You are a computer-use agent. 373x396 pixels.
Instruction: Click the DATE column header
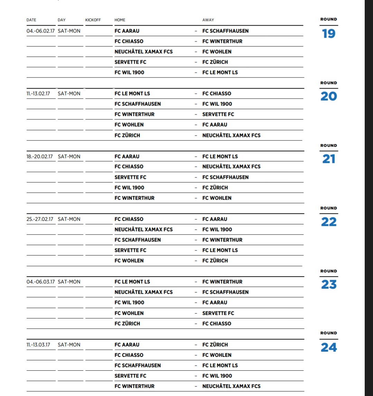31,20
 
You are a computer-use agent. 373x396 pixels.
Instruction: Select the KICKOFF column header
93,20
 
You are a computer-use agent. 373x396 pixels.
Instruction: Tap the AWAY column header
208,20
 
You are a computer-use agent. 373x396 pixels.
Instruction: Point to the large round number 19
328,34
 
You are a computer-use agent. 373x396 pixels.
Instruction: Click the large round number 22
328,222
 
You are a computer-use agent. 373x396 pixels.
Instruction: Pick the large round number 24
328,347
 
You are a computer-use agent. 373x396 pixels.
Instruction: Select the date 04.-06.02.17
41,31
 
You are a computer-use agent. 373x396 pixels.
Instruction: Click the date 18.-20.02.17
40,157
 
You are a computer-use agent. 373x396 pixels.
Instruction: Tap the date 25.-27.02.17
40,219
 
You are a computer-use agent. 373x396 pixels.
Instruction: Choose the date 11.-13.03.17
38,345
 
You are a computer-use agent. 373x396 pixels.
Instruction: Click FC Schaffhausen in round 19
225,31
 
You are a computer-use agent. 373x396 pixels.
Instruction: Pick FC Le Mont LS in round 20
132,94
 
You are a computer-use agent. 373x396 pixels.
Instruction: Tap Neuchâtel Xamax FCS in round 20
231,136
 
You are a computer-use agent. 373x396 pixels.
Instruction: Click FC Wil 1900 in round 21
129,188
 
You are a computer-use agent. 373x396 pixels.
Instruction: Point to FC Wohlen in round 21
217,198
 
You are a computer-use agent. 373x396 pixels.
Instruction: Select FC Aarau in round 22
215,219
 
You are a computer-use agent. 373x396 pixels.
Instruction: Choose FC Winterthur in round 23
222,282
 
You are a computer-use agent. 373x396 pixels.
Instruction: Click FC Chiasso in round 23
217,324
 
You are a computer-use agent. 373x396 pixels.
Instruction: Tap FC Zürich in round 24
215,345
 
